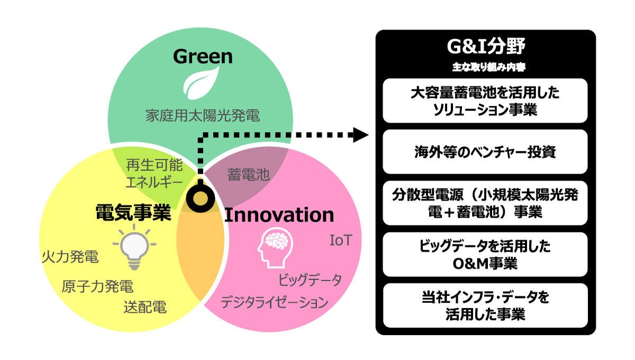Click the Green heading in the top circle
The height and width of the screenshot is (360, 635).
pyautogui.click(x=203, y=56)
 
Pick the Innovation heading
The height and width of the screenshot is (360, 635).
pyautogui.click(x=279, y=215)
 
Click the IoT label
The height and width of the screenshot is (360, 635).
pyautogui.click(x=341, y=241)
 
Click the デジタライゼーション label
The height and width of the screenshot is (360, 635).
pyautogui.click(x=274, y=303)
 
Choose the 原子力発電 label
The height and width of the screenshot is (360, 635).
pyautogui.click(x=97, y=287)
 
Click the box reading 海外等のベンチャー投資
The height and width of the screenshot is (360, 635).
pyautogui.click(x=485, y=152)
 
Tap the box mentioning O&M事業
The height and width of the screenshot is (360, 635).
pyautogui.click(x=485, y=255)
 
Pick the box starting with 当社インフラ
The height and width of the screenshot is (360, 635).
pyautogui.click(x=485, y=305)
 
